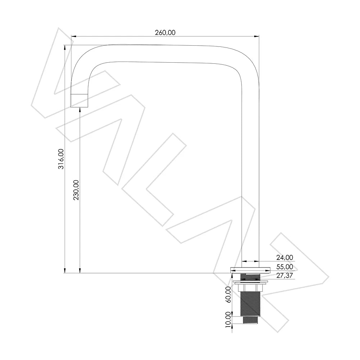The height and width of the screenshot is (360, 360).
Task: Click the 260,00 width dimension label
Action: click(x=165, y=33)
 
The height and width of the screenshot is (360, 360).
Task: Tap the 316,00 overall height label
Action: click(x=61, y=159)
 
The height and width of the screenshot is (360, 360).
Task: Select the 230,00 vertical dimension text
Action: click(x=76, y=190)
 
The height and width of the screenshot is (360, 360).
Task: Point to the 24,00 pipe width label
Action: click(x=285, y=258)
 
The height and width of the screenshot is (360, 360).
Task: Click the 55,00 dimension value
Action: click(x=285, y=267)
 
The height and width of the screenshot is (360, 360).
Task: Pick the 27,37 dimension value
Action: click(x=285, y=275)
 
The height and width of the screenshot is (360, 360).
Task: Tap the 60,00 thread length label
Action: click(x=228, y=294)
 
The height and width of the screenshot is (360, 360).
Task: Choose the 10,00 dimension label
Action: click(x=228, y=319)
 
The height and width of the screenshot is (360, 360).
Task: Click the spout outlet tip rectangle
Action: click(x=79, y=100)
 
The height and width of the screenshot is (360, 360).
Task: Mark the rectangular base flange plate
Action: click(x=250, y=270)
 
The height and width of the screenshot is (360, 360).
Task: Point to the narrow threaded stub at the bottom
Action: click(x=250, y=320)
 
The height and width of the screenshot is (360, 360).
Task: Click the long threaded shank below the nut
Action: click(x=250, y=304)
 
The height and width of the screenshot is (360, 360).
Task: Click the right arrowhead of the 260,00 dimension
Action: click(x=256, y=36)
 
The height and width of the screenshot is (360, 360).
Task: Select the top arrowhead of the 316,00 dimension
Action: click(x=65, y=48)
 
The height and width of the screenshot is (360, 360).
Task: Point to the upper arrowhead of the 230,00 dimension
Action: click(x=80, y=110)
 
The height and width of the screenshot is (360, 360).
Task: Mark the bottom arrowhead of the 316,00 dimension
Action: click(x=65, y=270)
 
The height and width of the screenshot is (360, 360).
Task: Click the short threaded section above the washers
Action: click(x=250, y=277)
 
